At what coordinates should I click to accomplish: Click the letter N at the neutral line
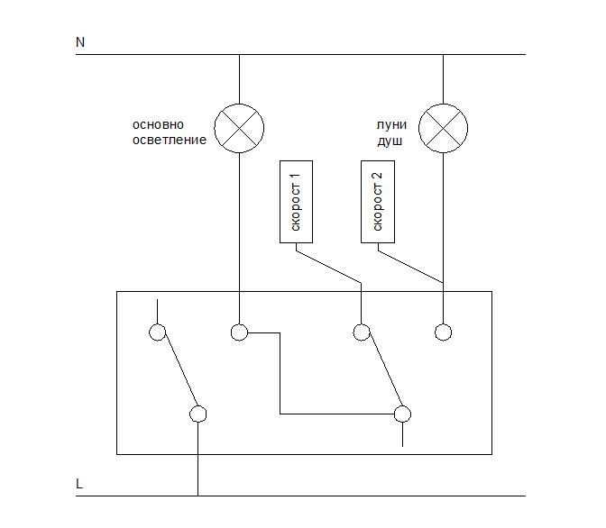80,41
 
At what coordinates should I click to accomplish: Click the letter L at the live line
79,484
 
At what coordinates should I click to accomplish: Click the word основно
158,124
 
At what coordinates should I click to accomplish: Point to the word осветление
170,140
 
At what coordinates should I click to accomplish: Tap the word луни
391,124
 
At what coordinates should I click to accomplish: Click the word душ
390,141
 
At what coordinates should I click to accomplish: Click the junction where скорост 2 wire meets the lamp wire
443,283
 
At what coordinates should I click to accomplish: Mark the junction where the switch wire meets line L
197,496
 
